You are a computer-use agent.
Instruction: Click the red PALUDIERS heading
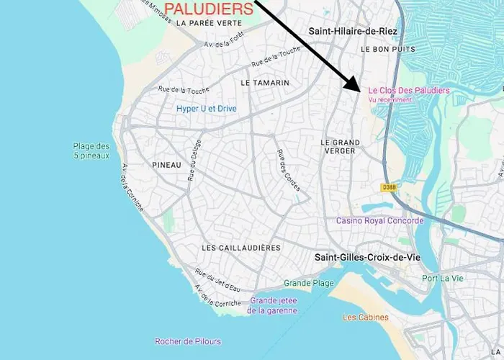point(209,9)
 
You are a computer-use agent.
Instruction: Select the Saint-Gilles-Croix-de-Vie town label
point(367,257)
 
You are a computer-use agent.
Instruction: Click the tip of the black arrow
point(360,90)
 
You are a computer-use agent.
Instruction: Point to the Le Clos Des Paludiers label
point(408,91)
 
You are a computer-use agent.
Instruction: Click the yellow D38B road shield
point(389,187)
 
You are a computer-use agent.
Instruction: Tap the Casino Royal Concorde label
point(379,221)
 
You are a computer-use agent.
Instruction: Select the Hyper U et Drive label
point(207,109)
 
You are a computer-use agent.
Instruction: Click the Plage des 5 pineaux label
point(91,150)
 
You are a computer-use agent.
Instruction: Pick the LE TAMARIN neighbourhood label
point(265,83)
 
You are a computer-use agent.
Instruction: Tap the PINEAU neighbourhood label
point(166,165)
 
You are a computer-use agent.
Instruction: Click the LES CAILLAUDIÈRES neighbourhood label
point(241,248)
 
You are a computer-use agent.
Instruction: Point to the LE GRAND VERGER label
point(340,147)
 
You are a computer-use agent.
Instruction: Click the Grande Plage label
point(309,283)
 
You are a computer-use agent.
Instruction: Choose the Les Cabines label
point(365,318)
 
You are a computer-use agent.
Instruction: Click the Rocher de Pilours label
point(188,341)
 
